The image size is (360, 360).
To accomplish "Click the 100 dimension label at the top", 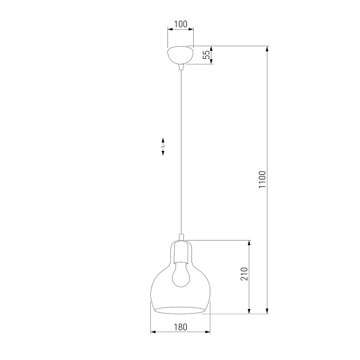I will (x=181, y=24).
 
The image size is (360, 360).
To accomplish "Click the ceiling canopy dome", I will (x=181, y=55).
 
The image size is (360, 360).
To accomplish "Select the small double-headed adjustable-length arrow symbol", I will (x=163, y=146).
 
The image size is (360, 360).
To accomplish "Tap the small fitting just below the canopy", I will (x=181, y=67).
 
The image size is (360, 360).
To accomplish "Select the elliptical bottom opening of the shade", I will (x=180, y=310).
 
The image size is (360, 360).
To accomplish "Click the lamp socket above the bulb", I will (x=181, y=251).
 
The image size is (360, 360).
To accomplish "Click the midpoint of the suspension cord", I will (x=181, y=151).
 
